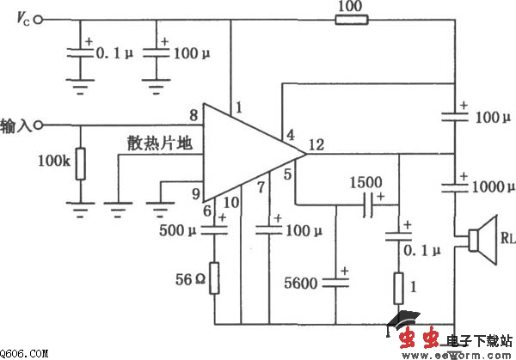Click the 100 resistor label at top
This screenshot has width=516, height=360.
coord(352,6)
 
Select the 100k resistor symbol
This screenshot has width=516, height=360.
coord(80,164)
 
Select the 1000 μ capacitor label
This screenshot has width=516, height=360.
coord(487,186)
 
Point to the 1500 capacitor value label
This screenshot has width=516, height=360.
coord(367,182)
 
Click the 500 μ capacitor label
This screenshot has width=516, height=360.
coord(181,229)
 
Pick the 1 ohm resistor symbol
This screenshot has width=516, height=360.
coord(399,287)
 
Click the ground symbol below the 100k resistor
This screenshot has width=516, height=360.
coord(80,205)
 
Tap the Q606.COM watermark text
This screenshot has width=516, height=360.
coord(24,353)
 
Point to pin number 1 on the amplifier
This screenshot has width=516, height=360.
coord(240,108)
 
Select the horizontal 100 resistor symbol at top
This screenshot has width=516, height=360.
coord(352,18)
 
